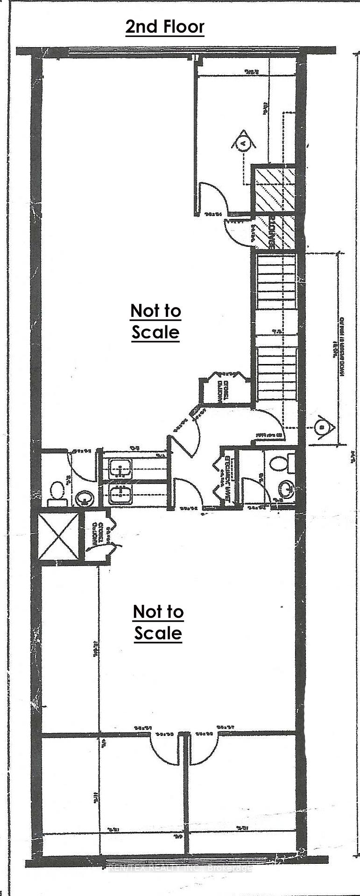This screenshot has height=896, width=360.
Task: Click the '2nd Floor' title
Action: [x=164, y=27]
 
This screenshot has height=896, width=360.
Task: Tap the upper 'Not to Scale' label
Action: [x=155, y=321]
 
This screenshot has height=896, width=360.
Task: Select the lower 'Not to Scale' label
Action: [x=158, y=622]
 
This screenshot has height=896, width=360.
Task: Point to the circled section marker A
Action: [x=243, y=143]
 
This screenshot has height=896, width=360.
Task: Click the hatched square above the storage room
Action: [x=275, y=189]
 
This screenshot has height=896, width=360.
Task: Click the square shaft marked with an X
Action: [x=58, y=536]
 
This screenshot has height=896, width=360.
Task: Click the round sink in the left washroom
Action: [x=84, y=498]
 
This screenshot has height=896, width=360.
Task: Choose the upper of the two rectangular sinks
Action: [x=120, y=468]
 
